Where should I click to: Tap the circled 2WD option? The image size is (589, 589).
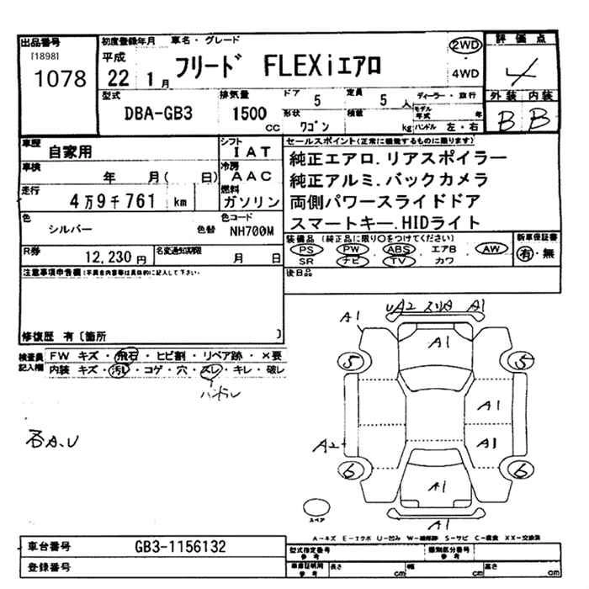466,47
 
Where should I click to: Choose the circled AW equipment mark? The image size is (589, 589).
492,249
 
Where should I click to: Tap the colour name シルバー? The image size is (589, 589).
71,229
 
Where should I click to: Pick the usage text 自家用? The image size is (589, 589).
71,152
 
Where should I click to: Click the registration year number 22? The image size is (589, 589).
119,80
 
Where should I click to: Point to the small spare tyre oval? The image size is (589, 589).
316,507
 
